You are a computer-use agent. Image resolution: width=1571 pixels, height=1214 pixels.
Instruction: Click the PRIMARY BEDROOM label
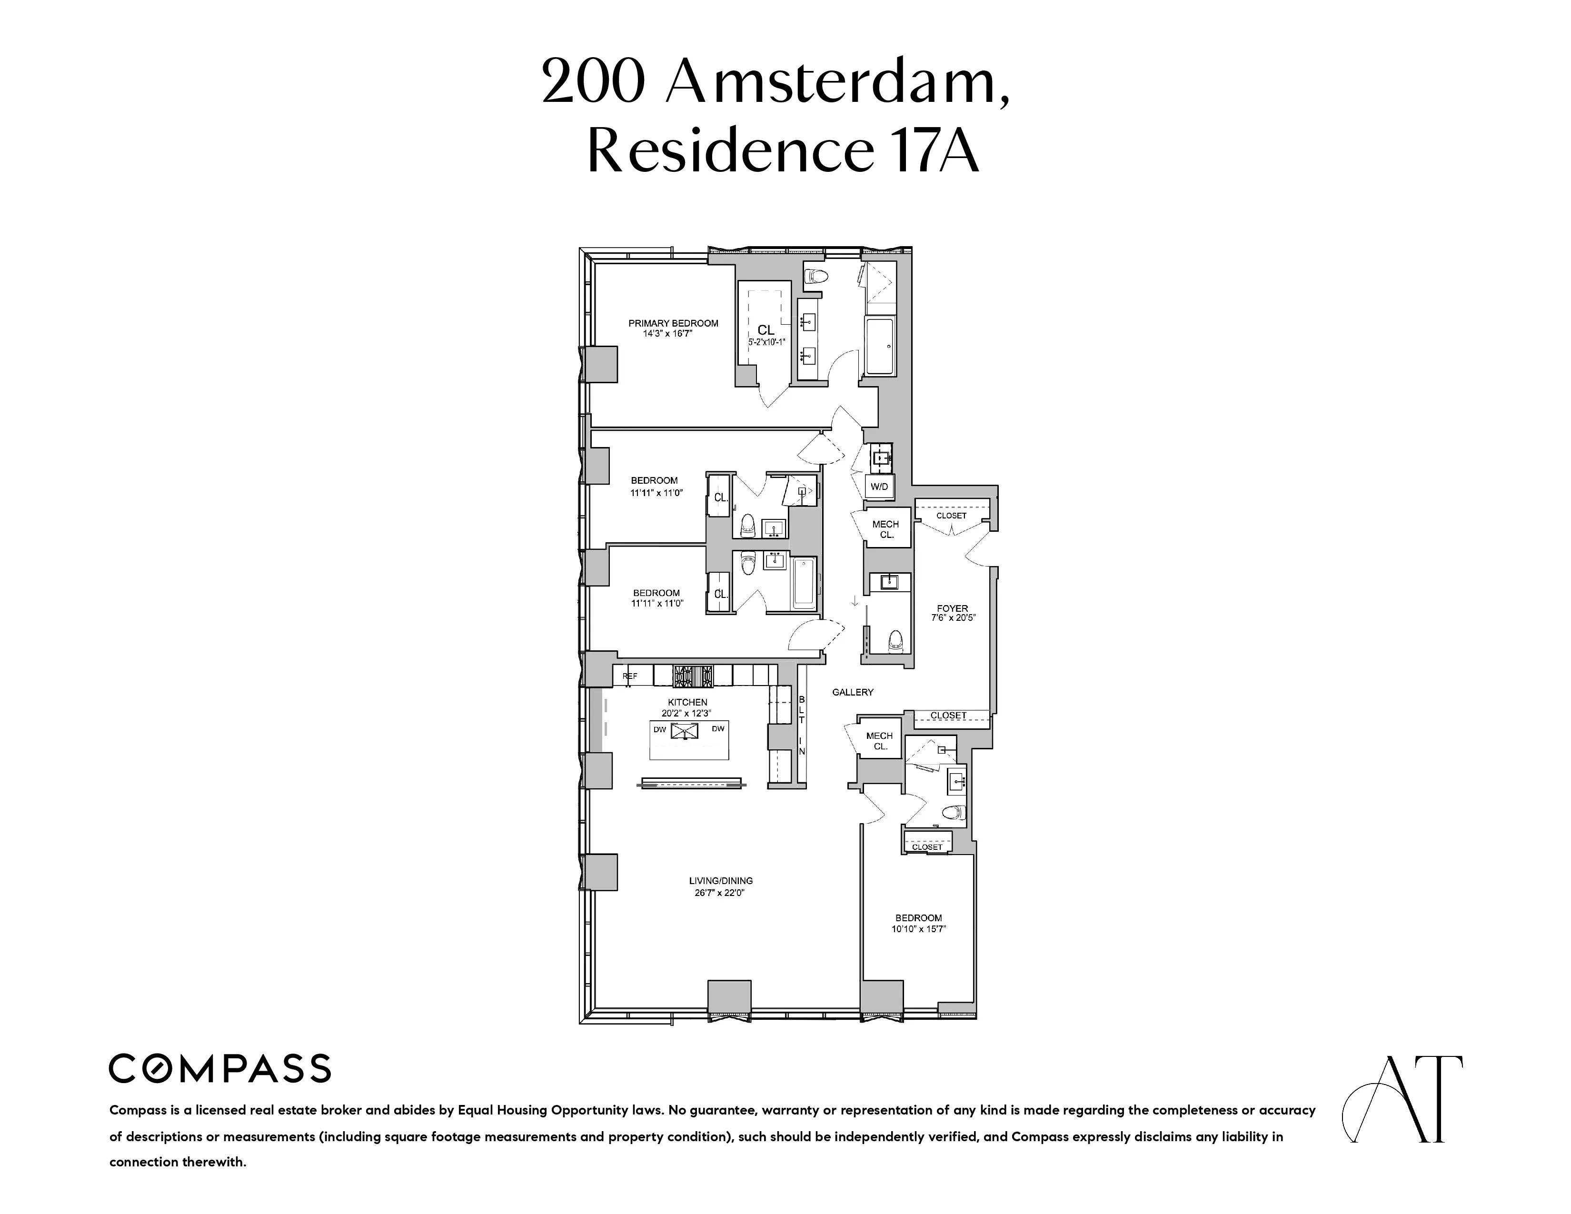coord(673,323)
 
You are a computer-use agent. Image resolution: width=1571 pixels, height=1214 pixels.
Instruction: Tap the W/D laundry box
coord(879,487)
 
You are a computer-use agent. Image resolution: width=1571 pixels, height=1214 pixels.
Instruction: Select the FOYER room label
coord(953,608)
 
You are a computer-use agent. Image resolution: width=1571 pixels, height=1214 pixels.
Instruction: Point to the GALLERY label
coord(853,692)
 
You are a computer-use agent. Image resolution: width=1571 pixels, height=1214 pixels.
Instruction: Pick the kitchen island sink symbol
coord(684,731)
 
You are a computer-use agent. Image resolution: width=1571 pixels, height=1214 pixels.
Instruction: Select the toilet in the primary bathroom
coord(815,276)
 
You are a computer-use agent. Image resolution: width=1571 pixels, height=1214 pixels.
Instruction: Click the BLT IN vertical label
coord(802,725)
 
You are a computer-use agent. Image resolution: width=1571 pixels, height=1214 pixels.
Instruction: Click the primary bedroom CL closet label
coord(766,330)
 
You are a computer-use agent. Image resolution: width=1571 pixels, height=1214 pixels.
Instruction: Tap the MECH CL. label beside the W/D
coord(885,529)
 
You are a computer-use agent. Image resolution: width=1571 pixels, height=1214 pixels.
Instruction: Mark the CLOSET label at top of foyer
coord(951,516)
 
